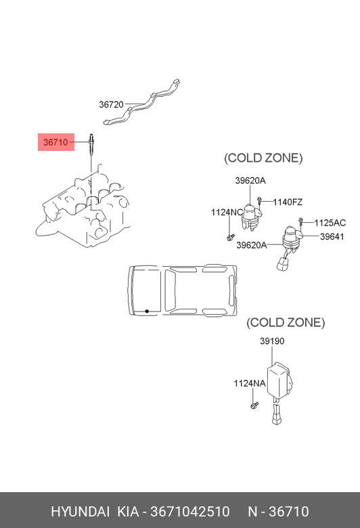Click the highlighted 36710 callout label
(x=56, y=142)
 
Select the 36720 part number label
(x=111, y=104)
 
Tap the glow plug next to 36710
(x=91, y=144)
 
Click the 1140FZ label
(x=288, y=202)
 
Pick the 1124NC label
(x=227, y=213)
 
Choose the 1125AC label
(x=330, y=223)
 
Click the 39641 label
(x=332, y=236)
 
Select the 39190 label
(x=272, y=341)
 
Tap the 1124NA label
(x=250, y=383)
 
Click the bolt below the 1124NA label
(x=254, y=405)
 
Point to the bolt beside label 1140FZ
(x=260, y=200)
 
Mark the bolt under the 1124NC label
(x=231, y=238)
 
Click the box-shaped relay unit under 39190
(x=279, y=380)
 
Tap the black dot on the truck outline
(x=147, y=311)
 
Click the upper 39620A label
(x=250, y=181)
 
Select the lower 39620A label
(x=252, y=245)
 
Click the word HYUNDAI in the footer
(x=80, y=512)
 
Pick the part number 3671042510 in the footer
(x=190, y=512)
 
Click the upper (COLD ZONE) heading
(x=263, y=158)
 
